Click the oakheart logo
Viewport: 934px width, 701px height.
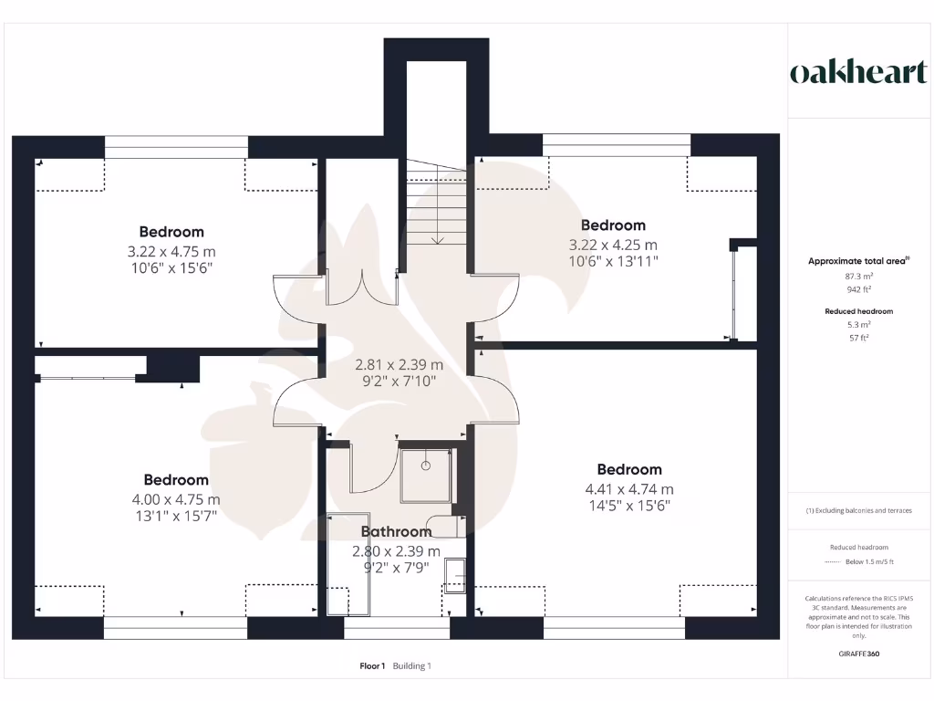(857, 73)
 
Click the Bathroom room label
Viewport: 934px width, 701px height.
(396, 531)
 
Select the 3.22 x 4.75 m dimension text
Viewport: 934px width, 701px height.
(171, 251)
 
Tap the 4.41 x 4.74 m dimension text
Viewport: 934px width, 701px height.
(629, 489)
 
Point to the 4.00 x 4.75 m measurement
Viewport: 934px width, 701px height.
(176, 499)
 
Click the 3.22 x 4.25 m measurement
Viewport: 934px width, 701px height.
(613, 245)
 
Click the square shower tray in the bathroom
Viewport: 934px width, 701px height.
(426, 475)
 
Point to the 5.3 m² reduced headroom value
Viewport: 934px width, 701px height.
(858, 324)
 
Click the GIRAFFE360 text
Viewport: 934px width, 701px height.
(858, 654)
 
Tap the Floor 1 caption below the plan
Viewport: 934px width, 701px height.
(372, 666)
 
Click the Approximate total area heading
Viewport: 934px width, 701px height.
(858, 261)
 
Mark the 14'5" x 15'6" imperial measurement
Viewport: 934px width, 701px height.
(629, 505)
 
